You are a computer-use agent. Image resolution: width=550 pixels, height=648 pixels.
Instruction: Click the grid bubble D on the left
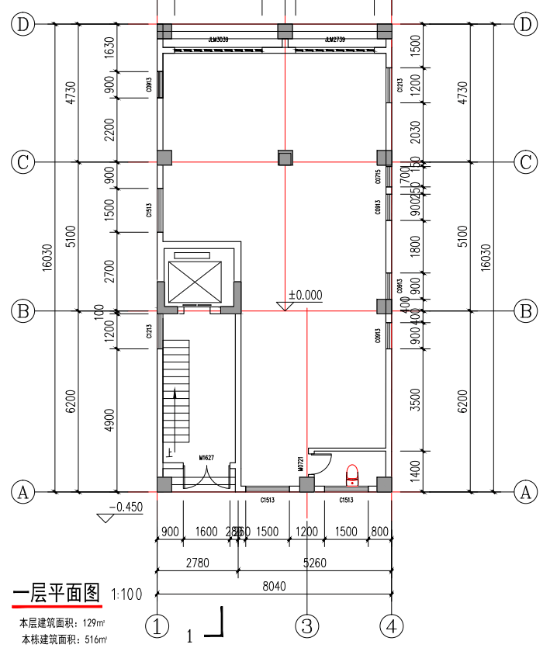coord(23,24)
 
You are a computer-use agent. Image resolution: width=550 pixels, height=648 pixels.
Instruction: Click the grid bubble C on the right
coord(526,162)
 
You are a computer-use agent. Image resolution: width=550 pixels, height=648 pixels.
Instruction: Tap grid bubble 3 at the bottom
coord(307,625)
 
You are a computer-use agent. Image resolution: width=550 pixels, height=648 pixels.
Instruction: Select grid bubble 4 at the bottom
coord(392,625)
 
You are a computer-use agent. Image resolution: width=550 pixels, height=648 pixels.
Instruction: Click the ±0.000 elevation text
coord(306,295)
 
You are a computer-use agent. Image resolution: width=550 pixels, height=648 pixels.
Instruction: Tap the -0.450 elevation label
coord(126,508)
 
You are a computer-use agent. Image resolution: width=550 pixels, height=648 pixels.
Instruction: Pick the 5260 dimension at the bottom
coord(314,564)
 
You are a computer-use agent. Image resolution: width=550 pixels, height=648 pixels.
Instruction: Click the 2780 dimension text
coord(197,564)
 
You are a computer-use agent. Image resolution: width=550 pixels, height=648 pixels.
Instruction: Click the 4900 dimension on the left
coord(109,420)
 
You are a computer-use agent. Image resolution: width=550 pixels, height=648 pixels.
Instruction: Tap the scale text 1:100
coord(126,595)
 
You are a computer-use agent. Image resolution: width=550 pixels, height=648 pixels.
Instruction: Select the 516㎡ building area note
coord(63,639)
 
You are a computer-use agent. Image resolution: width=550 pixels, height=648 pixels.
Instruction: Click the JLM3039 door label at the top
coord(218,39)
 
